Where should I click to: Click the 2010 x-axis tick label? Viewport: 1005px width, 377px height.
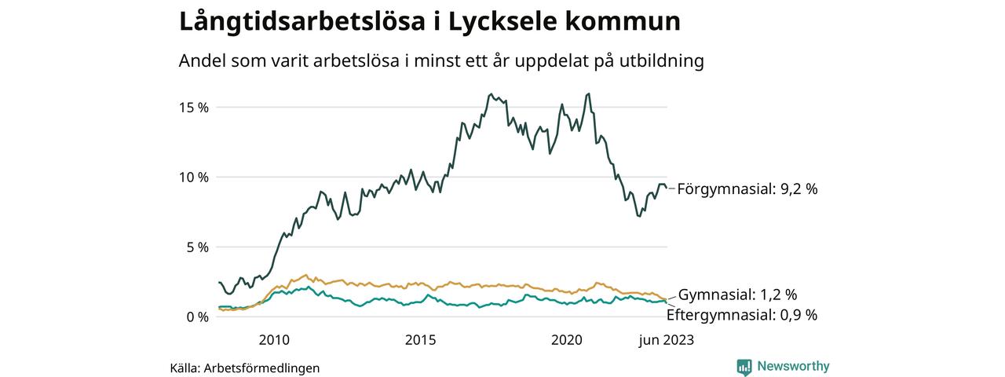274,339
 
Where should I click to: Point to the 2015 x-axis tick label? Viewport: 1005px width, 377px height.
421,339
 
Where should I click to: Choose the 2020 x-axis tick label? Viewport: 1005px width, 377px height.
567,339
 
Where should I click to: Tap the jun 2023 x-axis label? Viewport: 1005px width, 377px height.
667,339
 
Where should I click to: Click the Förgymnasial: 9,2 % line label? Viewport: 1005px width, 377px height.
747,188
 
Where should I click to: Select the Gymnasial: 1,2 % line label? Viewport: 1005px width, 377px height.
737,295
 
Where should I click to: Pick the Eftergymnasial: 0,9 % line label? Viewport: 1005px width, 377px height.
741,315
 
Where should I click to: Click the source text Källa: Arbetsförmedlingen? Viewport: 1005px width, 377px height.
245,368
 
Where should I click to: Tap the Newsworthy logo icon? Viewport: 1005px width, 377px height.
744,366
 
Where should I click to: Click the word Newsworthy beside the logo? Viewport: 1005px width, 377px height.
793,366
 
